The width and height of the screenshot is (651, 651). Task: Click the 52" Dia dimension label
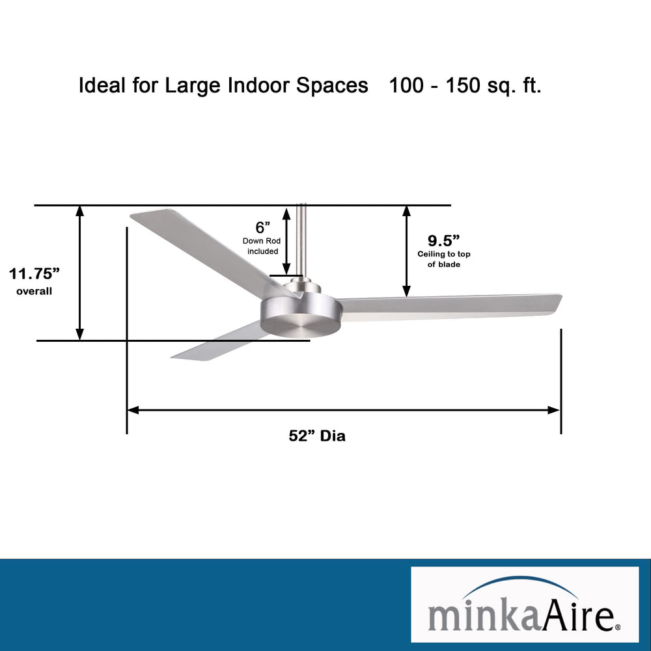317,436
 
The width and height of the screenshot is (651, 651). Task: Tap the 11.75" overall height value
35,273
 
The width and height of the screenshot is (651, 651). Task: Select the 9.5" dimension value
444,240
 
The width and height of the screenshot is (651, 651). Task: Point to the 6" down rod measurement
263,227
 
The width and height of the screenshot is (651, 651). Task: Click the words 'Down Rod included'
262,246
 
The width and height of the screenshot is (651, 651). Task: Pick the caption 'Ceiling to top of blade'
444,259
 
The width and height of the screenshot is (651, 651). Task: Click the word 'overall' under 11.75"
35,292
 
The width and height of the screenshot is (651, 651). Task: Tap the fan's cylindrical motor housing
299,315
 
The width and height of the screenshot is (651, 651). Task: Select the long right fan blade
449,306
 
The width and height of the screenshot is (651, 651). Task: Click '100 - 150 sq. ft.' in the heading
465,86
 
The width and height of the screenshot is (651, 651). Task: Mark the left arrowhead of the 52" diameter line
133,410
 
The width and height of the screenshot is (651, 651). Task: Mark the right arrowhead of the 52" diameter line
554,410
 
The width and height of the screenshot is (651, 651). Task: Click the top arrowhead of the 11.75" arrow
80,210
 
